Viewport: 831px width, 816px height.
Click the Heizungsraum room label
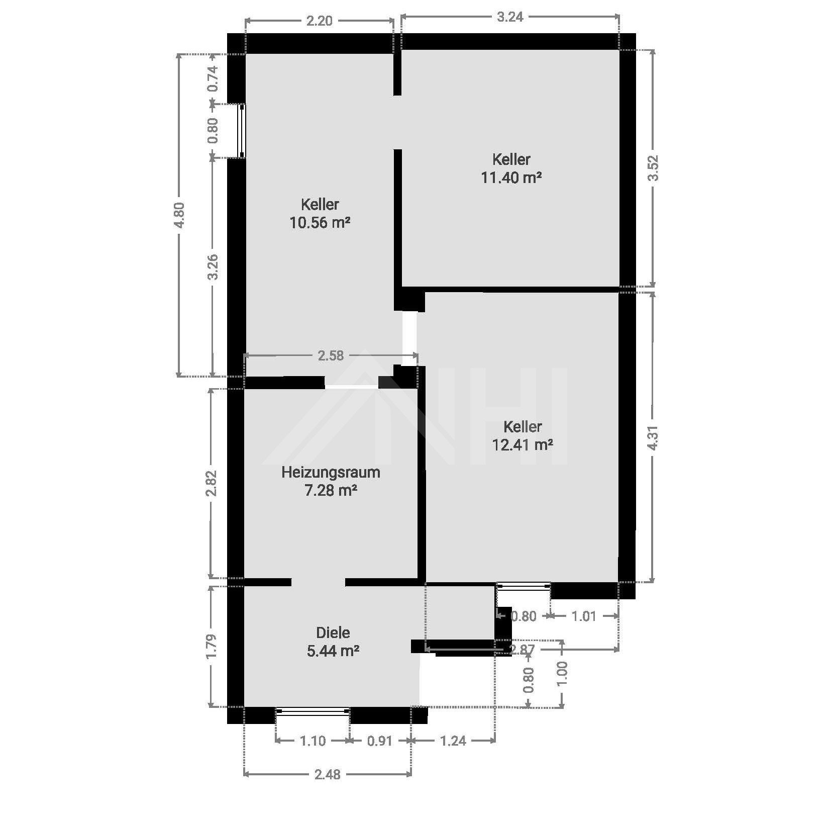(x=331, y=472)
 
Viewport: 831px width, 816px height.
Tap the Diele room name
(x=333, y=632)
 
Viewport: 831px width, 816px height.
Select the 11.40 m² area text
(x=511, y=177)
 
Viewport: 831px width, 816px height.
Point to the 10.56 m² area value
(x=320, y=222)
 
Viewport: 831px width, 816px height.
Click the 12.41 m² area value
(x=523, y=445)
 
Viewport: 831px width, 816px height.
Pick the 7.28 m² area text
(x=331, y=490)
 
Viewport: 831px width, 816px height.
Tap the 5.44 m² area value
(x=333, y=651)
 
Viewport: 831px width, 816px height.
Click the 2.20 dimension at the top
(x=320, y=21)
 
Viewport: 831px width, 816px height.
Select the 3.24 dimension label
(x=510, y=17)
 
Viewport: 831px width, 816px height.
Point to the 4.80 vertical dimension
(x=179, y=215)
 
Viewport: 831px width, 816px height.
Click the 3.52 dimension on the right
(x=653, y=168)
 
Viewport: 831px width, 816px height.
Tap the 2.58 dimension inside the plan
(x=331, y=355)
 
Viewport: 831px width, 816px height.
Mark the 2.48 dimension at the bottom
(x=328, y=774)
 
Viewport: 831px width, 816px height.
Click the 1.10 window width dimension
(x=313, y=741)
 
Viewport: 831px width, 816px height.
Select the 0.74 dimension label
(x=213, y=78)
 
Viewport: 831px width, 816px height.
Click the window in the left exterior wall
(x=242, y=131)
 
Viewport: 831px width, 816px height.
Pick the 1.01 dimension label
(x=584, y=616)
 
